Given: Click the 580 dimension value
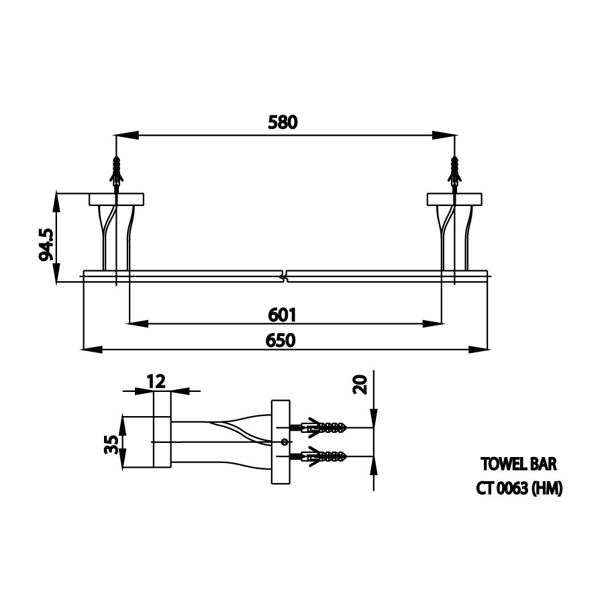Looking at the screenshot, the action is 283,122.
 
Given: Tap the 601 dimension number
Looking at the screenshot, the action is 283,315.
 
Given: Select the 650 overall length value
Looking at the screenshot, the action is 281,340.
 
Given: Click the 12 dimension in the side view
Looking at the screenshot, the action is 156,381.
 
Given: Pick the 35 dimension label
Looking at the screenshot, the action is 111,444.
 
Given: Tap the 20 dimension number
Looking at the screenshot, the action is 360,384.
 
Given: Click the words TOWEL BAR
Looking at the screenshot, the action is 519,464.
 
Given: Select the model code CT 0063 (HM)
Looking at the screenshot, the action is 519,489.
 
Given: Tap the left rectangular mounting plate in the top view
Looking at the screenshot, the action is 116,199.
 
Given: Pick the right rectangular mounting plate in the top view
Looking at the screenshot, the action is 454,199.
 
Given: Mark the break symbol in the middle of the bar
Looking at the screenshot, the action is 285,276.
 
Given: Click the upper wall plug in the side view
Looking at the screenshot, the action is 319,427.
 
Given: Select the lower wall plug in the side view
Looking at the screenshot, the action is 319,456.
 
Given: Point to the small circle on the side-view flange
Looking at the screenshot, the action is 285,442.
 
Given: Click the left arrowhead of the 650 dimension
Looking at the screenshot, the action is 92,350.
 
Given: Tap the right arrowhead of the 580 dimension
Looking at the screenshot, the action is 444,135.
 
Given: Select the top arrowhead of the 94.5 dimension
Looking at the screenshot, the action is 56,202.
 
